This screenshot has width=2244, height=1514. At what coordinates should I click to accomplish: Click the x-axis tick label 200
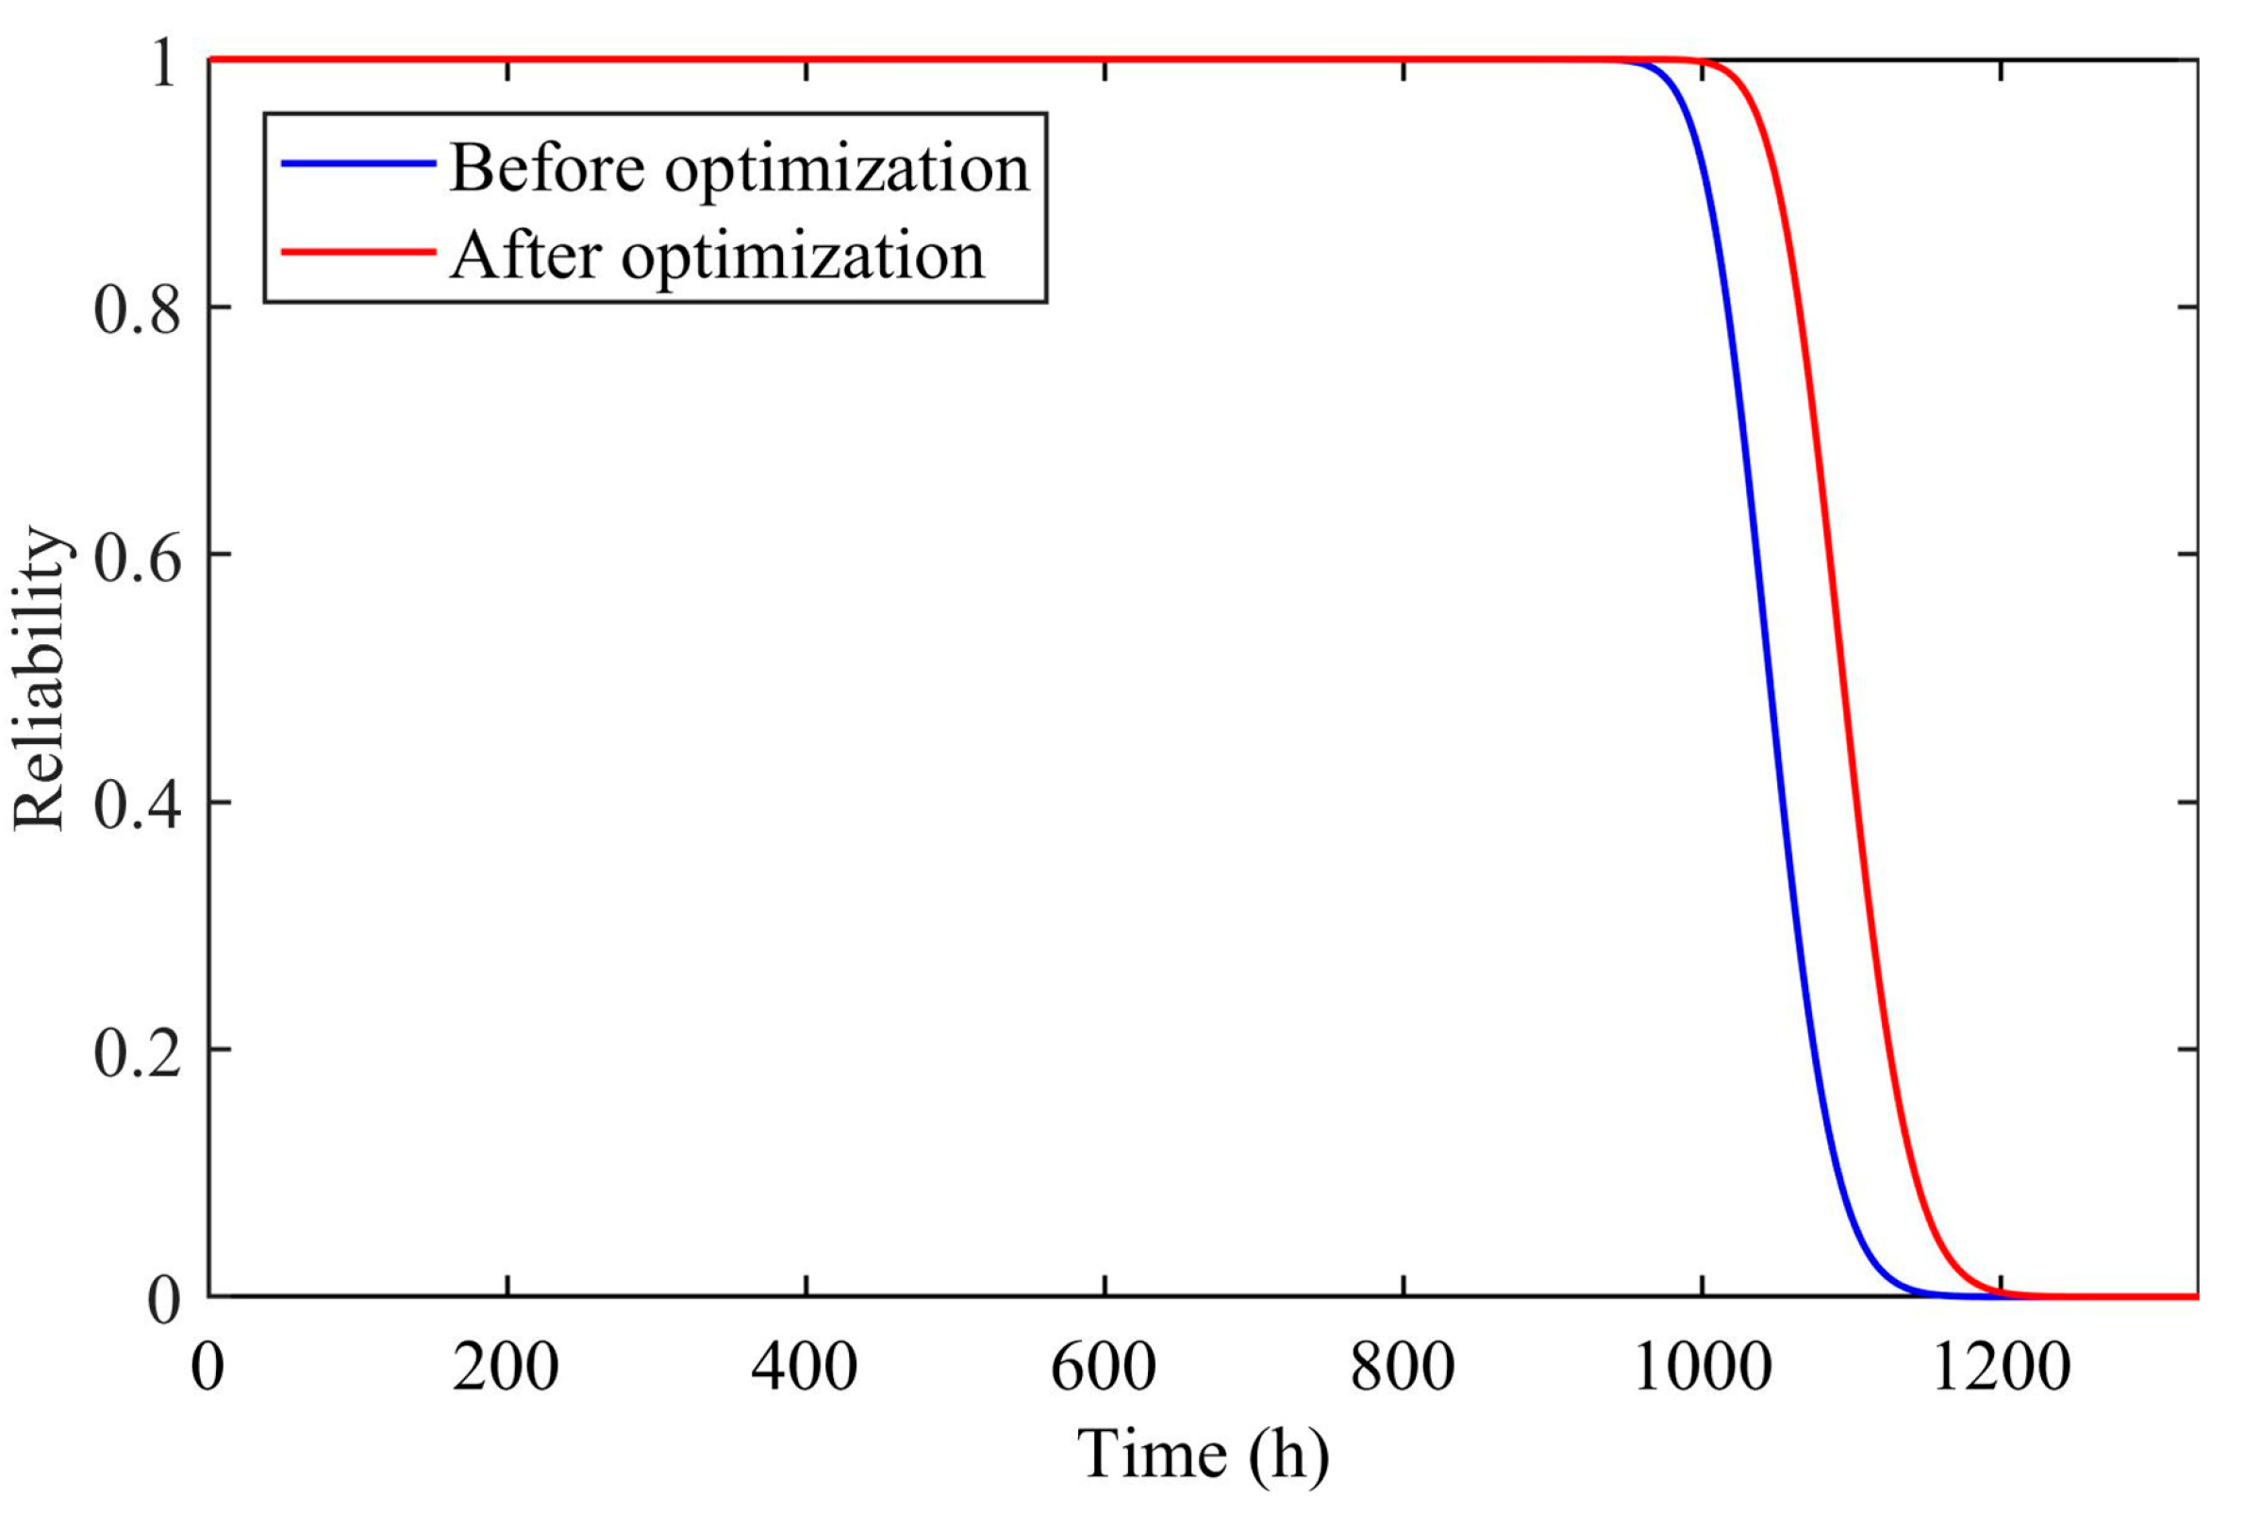tap(505, 1368)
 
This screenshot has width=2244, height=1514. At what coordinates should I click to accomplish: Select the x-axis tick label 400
tap(805, 1368)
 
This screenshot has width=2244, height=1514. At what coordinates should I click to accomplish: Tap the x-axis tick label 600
tap(1103, 1368)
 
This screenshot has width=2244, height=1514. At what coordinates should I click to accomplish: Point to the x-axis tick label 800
tap(1402, 1368)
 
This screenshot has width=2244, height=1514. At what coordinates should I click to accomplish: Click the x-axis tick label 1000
tap(1703, 1368)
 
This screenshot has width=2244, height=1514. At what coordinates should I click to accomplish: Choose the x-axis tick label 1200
tap(2001, 1368)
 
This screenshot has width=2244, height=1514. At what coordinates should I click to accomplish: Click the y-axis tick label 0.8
tap(137, 310)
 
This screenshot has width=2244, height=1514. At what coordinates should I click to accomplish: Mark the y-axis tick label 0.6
tap(137, 557)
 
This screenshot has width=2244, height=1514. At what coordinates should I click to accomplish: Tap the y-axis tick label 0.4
tap(137, 805)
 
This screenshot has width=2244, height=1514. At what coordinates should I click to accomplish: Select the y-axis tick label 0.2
tap(137, 1052)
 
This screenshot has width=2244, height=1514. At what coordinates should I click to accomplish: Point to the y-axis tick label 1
tap(164, 64)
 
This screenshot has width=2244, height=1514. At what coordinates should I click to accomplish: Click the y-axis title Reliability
tap(41, 678)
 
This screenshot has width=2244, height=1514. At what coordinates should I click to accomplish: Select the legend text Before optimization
tap(740, 168)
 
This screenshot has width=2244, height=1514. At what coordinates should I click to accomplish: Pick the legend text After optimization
tap(717, 256)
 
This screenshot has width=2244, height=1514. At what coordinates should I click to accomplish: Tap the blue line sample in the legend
tap(357, 163)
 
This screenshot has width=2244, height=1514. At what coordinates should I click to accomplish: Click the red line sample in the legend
tap(357, 252)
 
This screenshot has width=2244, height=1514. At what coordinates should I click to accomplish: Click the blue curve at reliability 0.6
tap(1758, 555)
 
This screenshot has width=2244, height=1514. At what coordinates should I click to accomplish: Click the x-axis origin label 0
tap(208, 1368)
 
